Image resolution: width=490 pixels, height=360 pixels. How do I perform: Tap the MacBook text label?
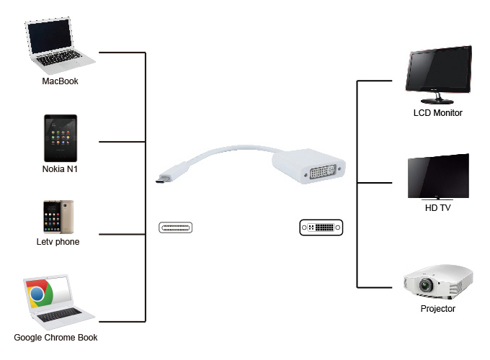pyautogui.click(x=60, y=81)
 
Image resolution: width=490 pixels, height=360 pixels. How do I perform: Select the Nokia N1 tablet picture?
pyautogui.click(x=60, y=138)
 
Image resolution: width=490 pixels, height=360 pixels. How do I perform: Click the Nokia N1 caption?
pyautogui.click(x=60, y=170)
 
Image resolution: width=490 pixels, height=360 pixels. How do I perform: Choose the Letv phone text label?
pyautogui.click(x=58, y=242)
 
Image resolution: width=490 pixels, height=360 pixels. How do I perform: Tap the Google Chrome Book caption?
pyautogui.click(x=55, y=338)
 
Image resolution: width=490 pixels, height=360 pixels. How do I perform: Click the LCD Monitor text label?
pyautogui.click(x=437, y=113)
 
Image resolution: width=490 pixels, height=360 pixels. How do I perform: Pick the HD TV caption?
pyautogui.click(x=437, y=208)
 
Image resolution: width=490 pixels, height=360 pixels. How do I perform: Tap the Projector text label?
pyautogui.click(x=437, y=309)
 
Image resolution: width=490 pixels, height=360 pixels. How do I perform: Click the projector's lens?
pyautogui.click(x=425, y=285)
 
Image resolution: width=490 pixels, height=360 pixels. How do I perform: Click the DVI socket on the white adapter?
pyautogui.click(x=323, y=171)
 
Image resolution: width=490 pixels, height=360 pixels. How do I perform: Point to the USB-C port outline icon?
pyautogui.click(x=176, y=228)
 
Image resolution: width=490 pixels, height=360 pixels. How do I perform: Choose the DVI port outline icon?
pyautogui.click(x=321, y=228)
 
